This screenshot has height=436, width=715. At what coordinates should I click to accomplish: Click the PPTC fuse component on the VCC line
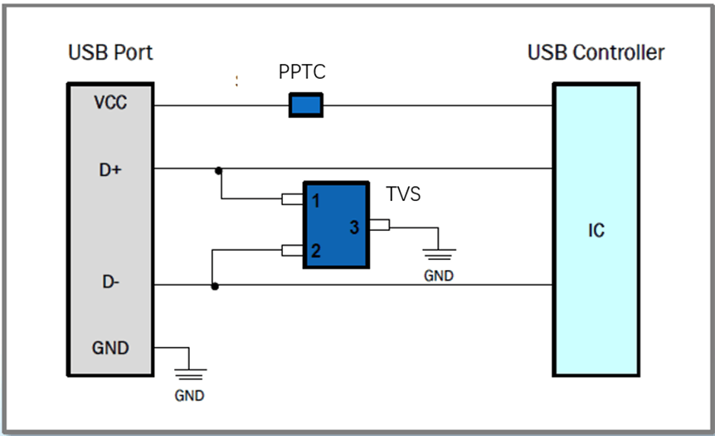pos(305,105)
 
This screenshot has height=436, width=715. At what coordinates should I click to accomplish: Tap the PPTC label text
pos(302,73)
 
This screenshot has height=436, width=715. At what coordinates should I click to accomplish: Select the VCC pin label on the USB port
pos(110,105)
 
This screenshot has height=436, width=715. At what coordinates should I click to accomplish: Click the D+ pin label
pos(110,170)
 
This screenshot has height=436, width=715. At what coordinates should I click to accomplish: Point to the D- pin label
pos(110,282)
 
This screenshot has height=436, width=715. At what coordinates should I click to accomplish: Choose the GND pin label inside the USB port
pos(110,347)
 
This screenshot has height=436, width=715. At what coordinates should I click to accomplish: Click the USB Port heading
pos(110,53)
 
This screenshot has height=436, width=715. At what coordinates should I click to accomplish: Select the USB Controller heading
pos(596,53)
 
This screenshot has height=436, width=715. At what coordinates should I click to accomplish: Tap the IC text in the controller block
pos(596,230)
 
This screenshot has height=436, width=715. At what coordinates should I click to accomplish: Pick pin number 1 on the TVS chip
pos(316,200)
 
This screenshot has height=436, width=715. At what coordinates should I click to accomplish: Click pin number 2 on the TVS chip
pos(316,250)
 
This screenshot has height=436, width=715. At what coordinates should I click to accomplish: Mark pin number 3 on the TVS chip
pos(353,227)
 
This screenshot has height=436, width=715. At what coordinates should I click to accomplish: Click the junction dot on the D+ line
pos(218,170)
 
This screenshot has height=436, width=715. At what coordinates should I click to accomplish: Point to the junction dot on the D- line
pos(215,287)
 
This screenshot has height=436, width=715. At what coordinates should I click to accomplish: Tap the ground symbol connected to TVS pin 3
pos(439,252)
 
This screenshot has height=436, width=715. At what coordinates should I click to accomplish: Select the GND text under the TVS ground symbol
pos(439,276)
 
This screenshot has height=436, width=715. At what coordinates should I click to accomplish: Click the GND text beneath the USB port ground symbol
pos(189,395)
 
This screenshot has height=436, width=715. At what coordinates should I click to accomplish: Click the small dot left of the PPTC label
pos(236,81)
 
